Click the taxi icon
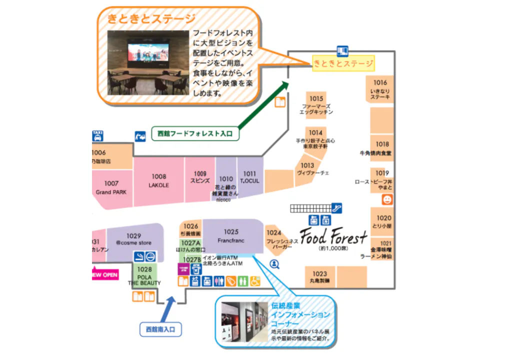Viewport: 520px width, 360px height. point(97,135)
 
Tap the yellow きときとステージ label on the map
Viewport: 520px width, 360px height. point(343,63)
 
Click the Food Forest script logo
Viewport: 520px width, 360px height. point(334,236)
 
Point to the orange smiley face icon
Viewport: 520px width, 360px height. point(387,199)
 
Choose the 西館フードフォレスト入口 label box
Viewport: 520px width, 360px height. point(194,133)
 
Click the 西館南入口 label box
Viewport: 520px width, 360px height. point(160,329)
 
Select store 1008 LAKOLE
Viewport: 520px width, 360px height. point(159,180)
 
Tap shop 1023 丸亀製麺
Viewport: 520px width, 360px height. point(320,277)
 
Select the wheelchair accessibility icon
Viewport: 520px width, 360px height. point(255,281)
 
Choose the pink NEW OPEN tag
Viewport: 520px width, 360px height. point(105,274)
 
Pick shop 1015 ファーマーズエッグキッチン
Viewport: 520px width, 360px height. point(316,105)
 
